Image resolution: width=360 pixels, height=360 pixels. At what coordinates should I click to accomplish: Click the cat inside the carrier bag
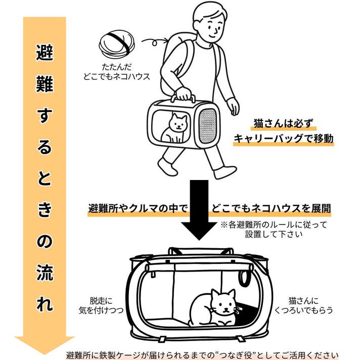coord(176,128)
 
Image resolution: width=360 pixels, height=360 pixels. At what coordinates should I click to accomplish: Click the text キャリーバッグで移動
coord(284,139)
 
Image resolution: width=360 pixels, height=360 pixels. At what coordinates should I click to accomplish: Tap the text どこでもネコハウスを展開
coord(266,208)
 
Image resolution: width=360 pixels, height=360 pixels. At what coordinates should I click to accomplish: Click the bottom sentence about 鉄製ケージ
coord(202,354)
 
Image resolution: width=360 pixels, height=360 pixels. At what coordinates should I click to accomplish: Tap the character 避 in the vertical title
coord(44,52)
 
